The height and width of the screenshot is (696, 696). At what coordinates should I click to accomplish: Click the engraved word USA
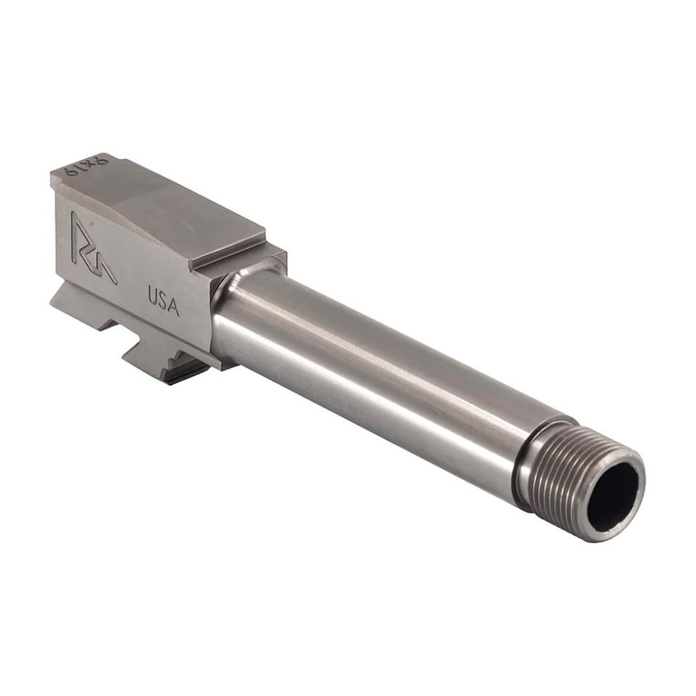pyautogui.click(x=163, y=302)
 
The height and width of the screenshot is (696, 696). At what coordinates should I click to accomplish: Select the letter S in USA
pyautogui.click(x=162, y=302)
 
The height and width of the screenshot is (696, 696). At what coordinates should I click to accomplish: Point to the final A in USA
pyautogui.click(x=173, y=307)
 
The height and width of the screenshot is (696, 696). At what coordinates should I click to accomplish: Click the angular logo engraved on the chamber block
pyautogui.click(x=93, y=247)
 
